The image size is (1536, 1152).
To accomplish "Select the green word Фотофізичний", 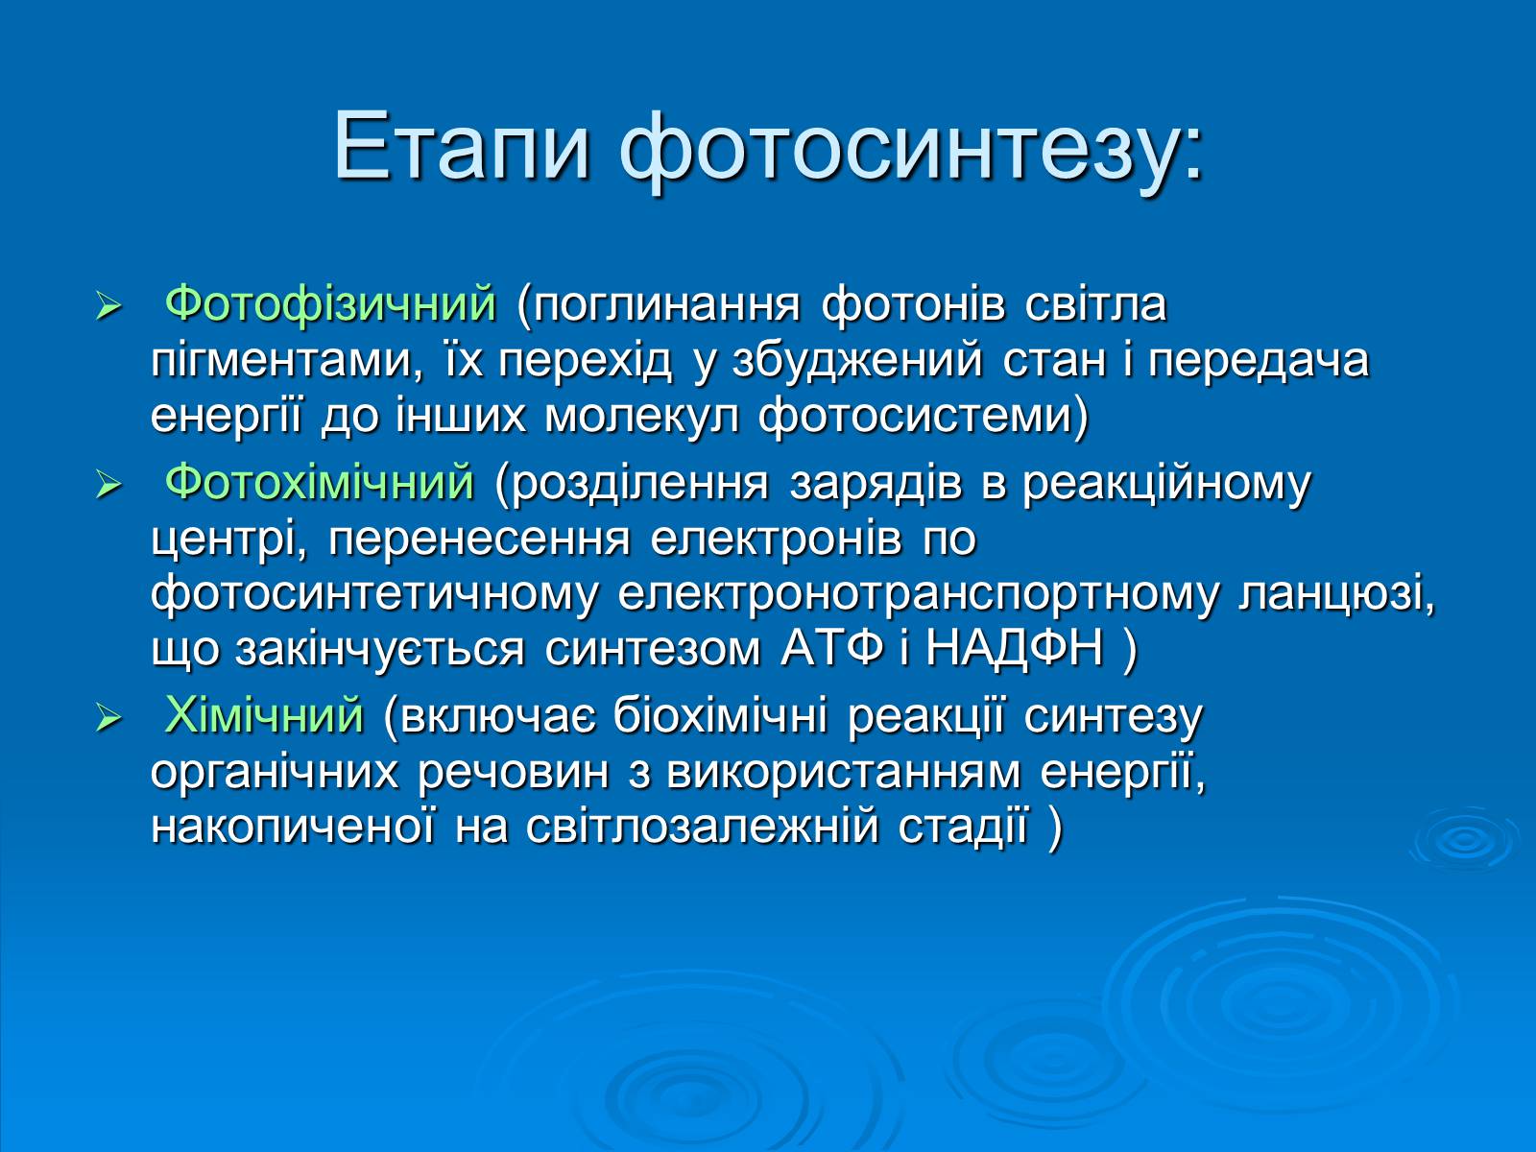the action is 330,305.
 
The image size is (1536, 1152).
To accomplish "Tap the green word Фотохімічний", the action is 319,483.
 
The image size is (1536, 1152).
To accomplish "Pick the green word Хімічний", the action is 265,715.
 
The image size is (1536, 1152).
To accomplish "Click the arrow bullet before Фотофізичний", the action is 109,306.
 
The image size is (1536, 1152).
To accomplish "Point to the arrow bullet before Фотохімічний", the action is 109,484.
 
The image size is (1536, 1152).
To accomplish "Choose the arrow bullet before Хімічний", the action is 109,718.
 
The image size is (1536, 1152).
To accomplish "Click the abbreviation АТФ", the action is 832,648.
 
